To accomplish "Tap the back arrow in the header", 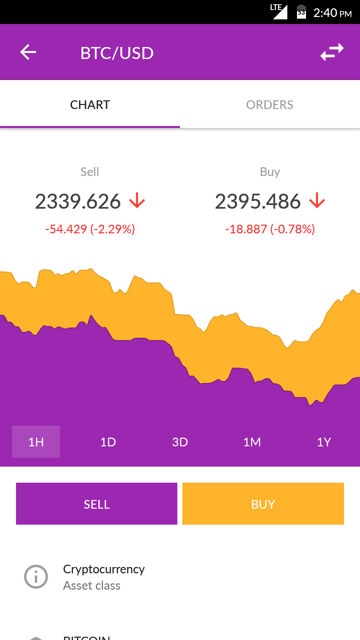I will [x=28, y=52].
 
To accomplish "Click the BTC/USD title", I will [x=117, y=53].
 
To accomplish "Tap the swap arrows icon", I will [x=332, y=52].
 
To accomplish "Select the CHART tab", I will [x=90, y=105].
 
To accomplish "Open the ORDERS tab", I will [x=270, y=105].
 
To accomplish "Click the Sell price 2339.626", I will [x=78, y=201].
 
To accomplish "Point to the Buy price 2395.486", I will [x=258, y=201].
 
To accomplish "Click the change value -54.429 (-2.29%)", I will [x=90, y=229].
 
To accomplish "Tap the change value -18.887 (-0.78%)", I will [x=270, y=229].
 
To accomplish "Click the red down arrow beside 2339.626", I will [x=137, y=201].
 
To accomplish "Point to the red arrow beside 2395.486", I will [x=317, y=201].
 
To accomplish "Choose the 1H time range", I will [x=36, y=442].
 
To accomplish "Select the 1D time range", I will [x=108, y=442].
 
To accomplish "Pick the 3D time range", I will [x=180, y=442].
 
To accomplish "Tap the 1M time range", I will [x=252, y=442].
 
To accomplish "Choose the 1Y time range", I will [x=324, y=442].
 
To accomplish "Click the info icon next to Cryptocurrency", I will [x=36, y=577].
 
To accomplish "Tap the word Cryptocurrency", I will [x=104, y=569].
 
